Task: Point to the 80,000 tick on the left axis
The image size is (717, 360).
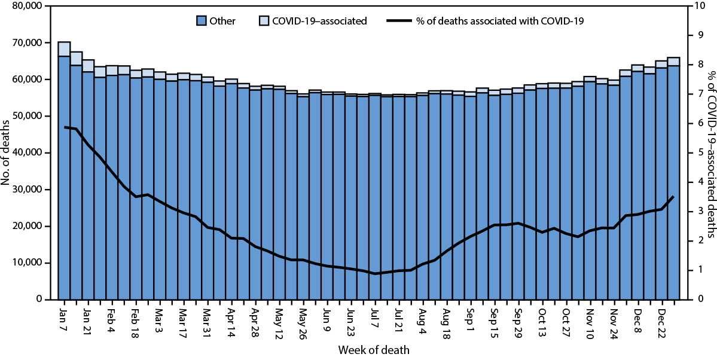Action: (26, 7)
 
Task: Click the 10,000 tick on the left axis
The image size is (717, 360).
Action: (26, 263)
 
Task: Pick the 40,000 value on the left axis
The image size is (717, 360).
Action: (26, 152)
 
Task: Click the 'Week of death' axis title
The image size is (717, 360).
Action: (374, 350)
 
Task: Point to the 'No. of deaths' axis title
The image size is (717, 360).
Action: (7, 152)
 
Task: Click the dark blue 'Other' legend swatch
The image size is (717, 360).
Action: (202, 21)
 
